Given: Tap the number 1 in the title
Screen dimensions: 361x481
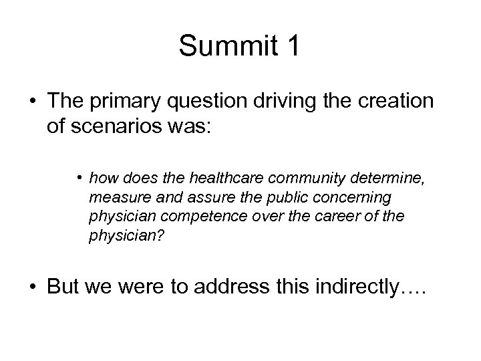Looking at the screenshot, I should [x=293, y=47].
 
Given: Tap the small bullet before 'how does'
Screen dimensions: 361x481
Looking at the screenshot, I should [x=79, y=178].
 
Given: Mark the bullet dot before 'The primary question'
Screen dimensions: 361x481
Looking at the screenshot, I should [x=31, y=103].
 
